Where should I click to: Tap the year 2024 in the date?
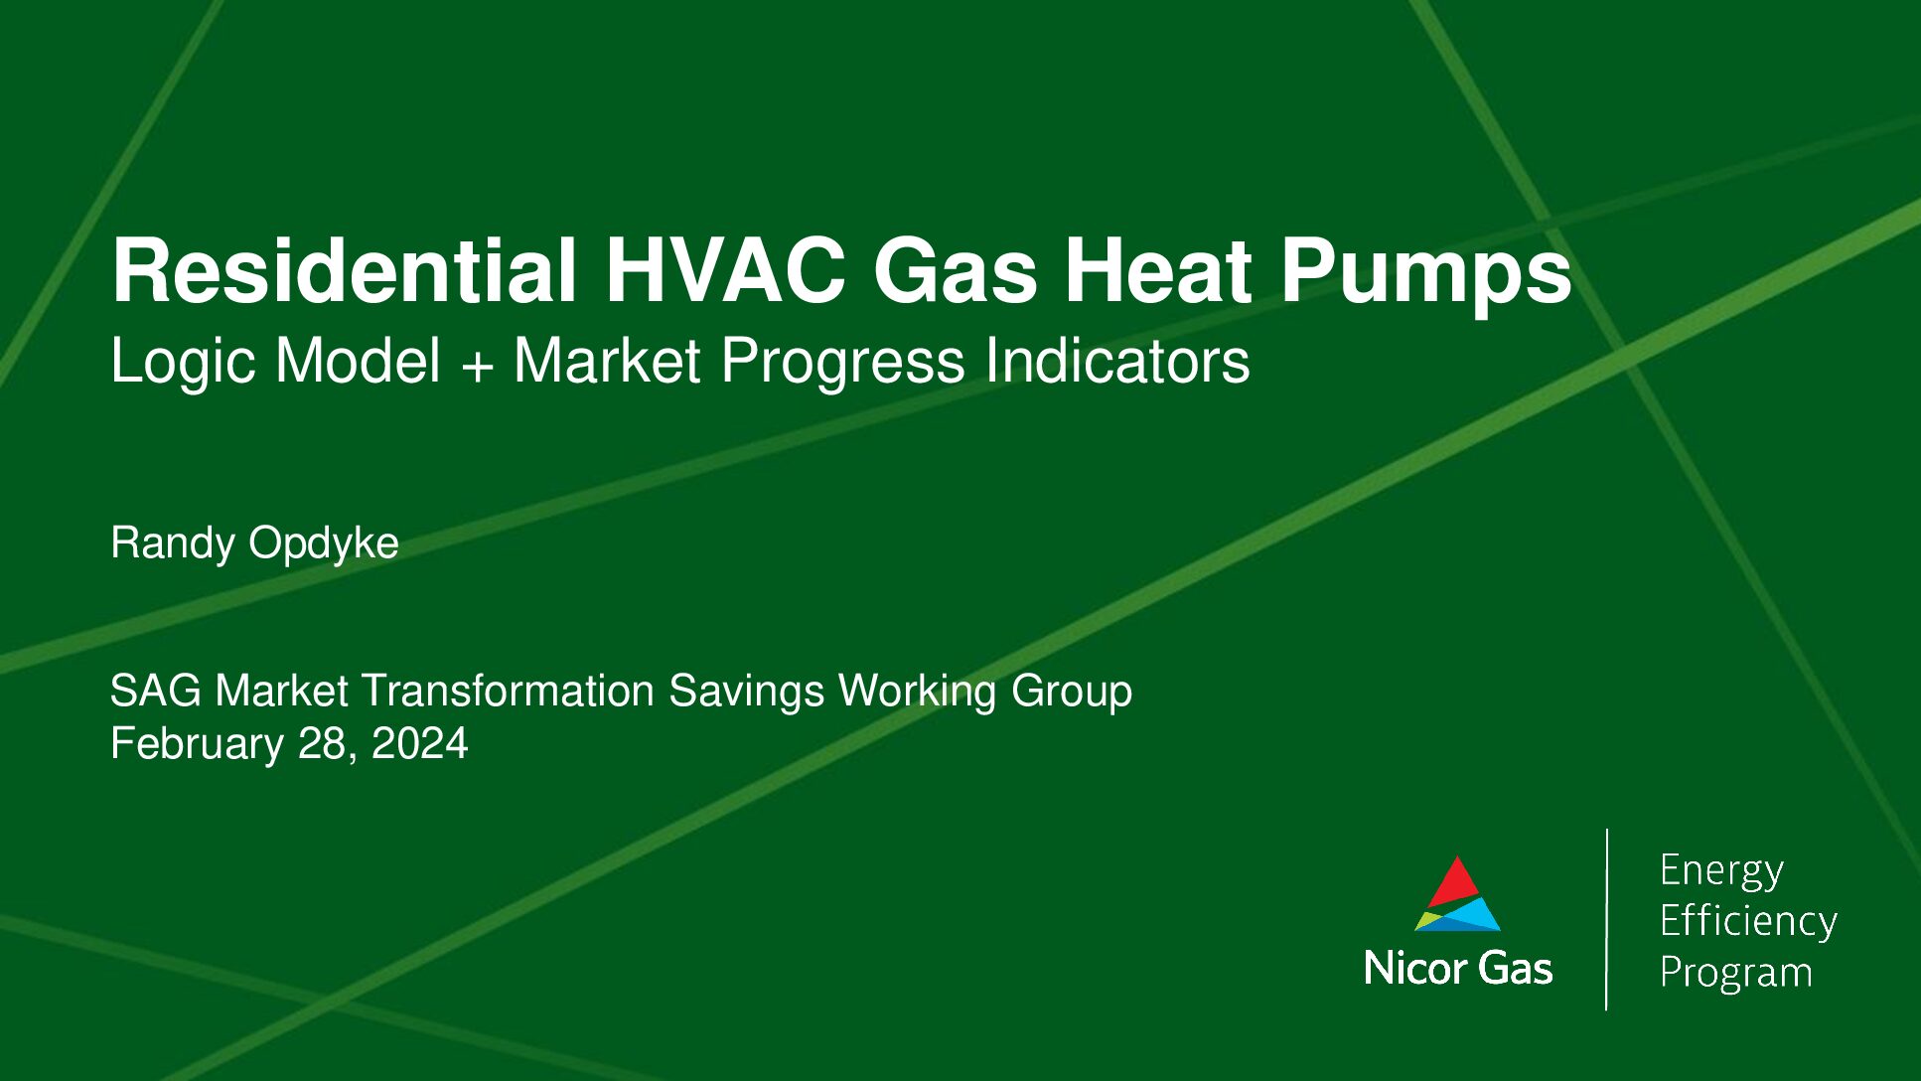click(x=419, y=744)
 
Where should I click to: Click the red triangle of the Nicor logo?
click(x=1455, y=880)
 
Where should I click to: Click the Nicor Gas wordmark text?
click(x=1458, y=969)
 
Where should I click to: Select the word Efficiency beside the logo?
click(x=1748, y=922)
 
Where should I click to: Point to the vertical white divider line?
click(x=1607, y=919)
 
